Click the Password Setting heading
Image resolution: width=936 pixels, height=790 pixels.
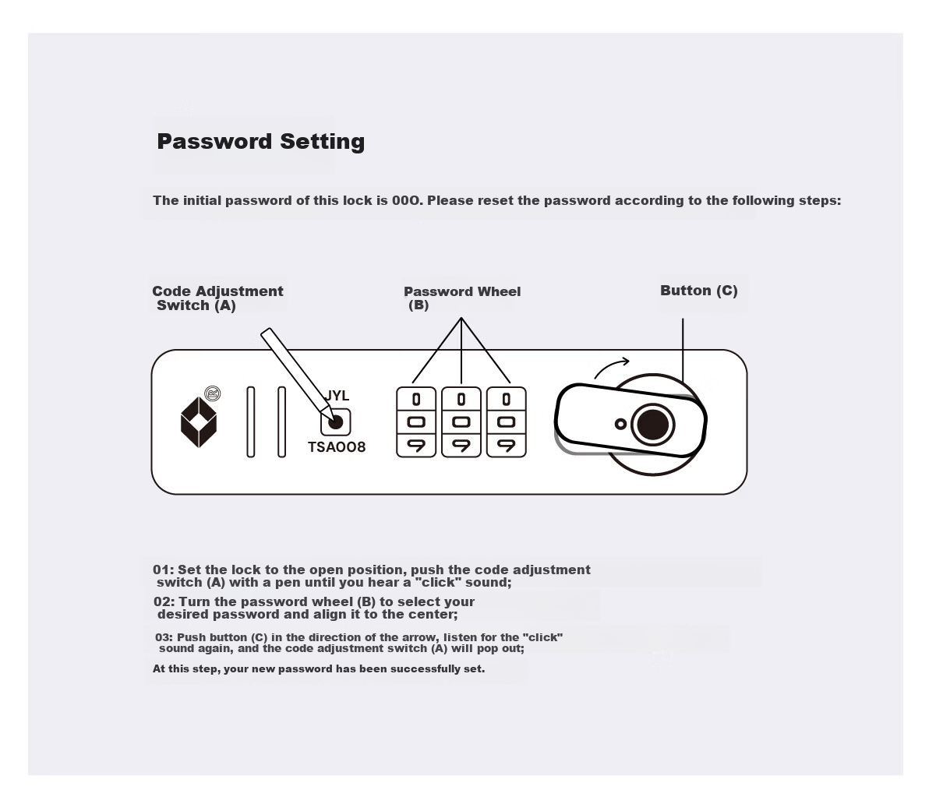[260, 142]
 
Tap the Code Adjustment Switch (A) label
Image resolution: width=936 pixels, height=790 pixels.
[218, 298]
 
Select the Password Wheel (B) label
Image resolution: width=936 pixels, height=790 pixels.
[462, 298]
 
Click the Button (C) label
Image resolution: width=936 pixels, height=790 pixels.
[699, 291]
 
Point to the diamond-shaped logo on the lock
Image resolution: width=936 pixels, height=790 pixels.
[199, 422]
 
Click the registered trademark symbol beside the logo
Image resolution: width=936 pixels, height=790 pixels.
[213, 393]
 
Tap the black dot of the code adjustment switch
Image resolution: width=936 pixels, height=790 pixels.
[336, 422]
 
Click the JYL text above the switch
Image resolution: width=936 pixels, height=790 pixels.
[337, 396]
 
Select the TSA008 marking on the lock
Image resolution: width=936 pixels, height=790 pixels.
[337, 446]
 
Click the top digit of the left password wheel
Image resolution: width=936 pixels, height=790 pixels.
[416, 399]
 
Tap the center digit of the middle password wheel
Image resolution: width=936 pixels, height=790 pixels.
[461, 422]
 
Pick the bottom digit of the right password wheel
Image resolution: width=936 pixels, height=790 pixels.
[506, 446]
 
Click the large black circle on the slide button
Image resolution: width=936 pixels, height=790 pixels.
[652, 425]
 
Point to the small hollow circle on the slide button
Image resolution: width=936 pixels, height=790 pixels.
[620, 424]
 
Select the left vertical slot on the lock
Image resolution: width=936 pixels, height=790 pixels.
[251, 422]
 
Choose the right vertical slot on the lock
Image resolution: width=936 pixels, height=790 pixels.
[281, 422]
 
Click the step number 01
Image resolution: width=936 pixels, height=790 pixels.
[161, 570]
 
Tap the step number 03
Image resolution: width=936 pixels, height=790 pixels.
[162, 637]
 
